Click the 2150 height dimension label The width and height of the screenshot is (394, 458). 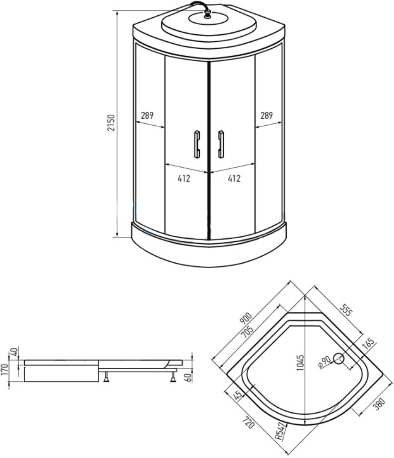[x=112, y=123]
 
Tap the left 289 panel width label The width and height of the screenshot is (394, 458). [x=147, y=116]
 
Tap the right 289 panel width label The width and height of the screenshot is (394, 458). [x=266, y=116]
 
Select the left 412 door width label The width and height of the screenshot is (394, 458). [x=184, y=178]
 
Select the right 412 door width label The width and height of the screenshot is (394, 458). [x=234, y=178]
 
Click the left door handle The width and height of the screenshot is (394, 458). [x=197, y=144]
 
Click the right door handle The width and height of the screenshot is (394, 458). [x=221, y=144]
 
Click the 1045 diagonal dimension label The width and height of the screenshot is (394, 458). [x=300, y=363]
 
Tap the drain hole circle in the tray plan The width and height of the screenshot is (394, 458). [x=339, y=359]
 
